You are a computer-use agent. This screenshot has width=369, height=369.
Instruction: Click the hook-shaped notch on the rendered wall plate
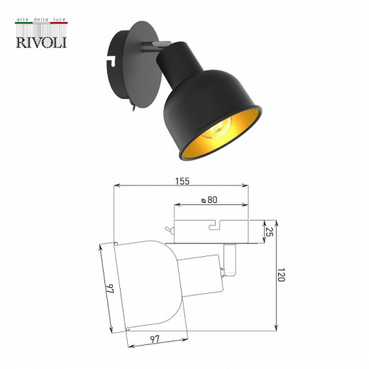(111, 60)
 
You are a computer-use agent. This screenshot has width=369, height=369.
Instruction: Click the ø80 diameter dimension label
(209, 201)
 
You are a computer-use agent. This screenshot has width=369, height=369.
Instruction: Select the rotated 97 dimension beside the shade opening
(109, 290)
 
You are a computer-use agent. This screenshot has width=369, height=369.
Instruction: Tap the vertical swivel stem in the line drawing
(231, 256)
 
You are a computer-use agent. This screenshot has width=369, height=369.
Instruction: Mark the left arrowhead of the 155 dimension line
(116, 187)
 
